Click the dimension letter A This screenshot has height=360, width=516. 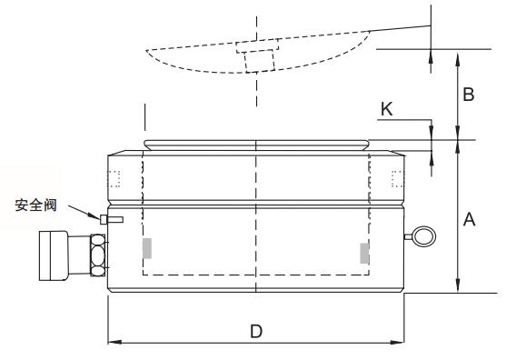(x=469, y=219)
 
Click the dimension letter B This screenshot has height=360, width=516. (x=469, y=95)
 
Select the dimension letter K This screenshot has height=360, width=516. (x=387, y=109)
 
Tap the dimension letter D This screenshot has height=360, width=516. (x=256, y=331)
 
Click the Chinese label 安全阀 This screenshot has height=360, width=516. (x=35, y=205)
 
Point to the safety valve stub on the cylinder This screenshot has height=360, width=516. (x=112, y=219)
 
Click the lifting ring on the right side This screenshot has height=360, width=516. (x=424, y=236)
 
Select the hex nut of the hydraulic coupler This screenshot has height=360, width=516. (x=98, y=255)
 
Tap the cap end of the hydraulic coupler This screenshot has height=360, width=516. (x=54, y=256)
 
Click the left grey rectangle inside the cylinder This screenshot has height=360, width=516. (x=147, y=248)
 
